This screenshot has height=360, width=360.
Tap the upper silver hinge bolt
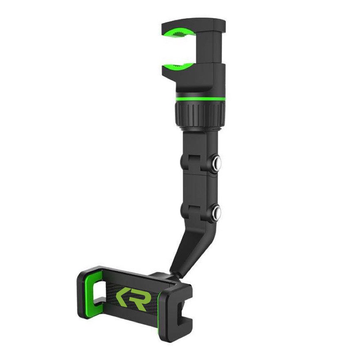point(217,163)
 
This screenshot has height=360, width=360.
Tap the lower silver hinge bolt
point(217,212)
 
